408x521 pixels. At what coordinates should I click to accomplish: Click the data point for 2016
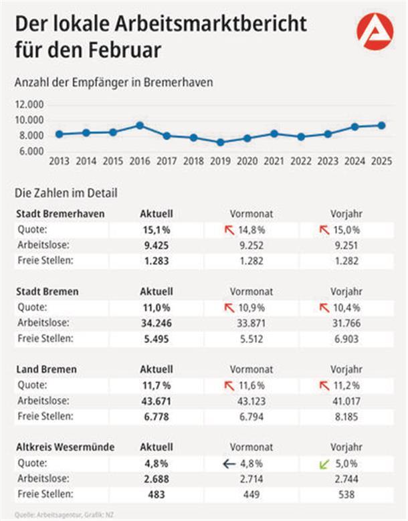pyautogui.click(x=139, y=125)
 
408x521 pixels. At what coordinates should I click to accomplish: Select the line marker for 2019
pyautogui.click(x=220, y=142)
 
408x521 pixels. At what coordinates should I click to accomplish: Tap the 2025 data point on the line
pyautogui.click(x=381, y=125)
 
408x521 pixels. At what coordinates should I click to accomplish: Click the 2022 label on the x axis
pyautogui.click(x=301, y=161)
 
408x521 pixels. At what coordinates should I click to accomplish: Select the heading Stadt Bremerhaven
pyautogui.click(x=60, y=214)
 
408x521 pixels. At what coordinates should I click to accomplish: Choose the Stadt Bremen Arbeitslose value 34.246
pyautogui.click(x=157, y=323)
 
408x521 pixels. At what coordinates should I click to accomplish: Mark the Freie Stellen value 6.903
pyautogui.click(x=346, y=338)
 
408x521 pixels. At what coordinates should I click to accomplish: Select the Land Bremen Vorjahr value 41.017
pyautogui.click(x=346, y=401)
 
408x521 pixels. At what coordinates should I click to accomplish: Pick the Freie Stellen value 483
pyautogui.click(x=156, y=494)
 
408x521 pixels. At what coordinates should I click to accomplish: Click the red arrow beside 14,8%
pyautogui.click(x=230, y=230)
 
